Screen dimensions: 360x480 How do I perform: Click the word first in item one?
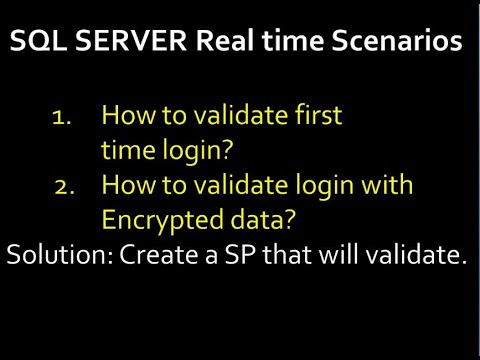(313, 115)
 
